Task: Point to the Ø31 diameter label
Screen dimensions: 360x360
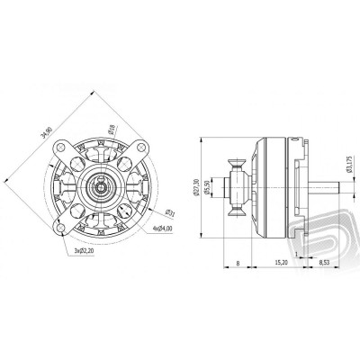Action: click(144, 212)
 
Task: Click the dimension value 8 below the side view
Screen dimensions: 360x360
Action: click(236, 263)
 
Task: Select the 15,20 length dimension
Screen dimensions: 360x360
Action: click(280, 263)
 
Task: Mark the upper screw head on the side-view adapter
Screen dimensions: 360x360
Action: click(238, 163)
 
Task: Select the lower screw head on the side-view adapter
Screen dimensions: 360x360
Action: click(238, 213)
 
